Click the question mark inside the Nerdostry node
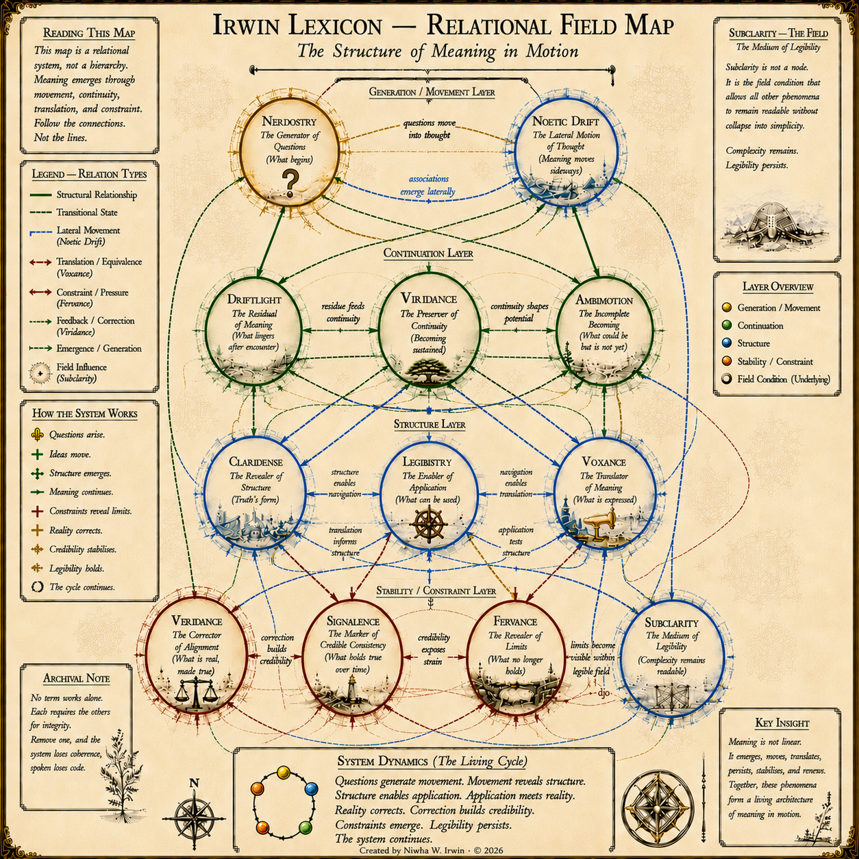pos(290,183)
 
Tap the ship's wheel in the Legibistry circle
pos(428,524)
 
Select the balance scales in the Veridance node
pos(195,693)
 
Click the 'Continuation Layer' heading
pos(428,253)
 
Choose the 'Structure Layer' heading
pos(429,424)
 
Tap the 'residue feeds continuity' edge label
pos(343,312)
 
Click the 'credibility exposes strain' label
pos(434,649)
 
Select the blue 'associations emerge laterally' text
pos(428,185)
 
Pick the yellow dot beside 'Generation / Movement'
pos(727,308)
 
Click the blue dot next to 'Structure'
pos(727,343)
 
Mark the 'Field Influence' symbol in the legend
pos(40,373)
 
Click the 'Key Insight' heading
pos(782,723)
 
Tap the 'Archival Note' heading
pos(76,678)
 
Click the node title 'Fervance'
pos(515,621)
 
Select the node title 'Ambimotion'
pos(604,300)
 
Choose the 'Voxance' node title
pos(604,462)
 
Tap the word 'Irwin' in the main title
pos(247,25)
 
